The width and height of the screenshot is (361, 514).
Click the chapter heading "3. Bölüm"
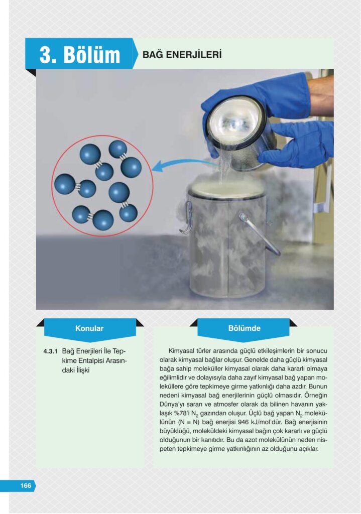[x=80, y=54]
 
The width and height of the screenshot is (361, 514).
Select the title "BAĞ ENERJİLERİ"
[x=182, y=54]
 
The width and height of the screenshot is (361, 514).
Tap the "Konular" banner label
[x=89, y=328]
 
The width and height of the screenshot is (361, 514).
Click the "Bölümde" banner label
[x=245, y=328]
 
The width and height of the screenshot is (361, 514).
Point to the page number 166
[x=26, y=485]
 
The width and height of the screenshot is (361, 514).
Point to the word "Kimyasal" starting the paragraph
[x=181, y=351]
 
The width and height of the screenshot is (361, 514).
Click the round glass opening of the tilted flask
[x=235, y=123]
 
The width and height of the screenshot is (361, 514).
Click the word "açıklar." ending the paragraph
[x=309, y=449]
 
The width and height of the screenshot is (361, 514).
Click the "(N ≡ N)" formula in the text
[x=188, y=422]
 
